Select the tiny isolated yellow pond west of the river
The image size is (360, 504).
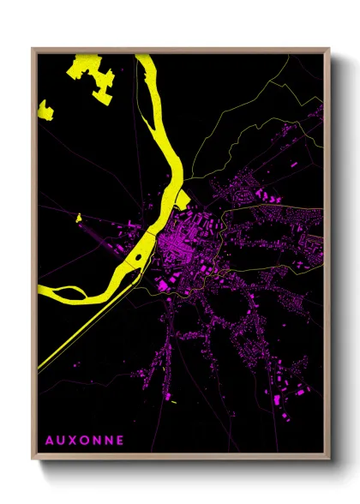click(78, 218)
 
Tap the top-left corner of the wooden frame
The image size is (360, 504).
click(33, 49)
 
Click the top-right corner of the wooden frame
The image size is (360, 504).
click(329, 49)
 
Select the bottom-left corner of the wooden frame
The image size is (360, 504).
click(33, 460)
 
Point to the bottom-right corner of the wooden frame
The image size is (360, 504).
click(329, 460)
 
